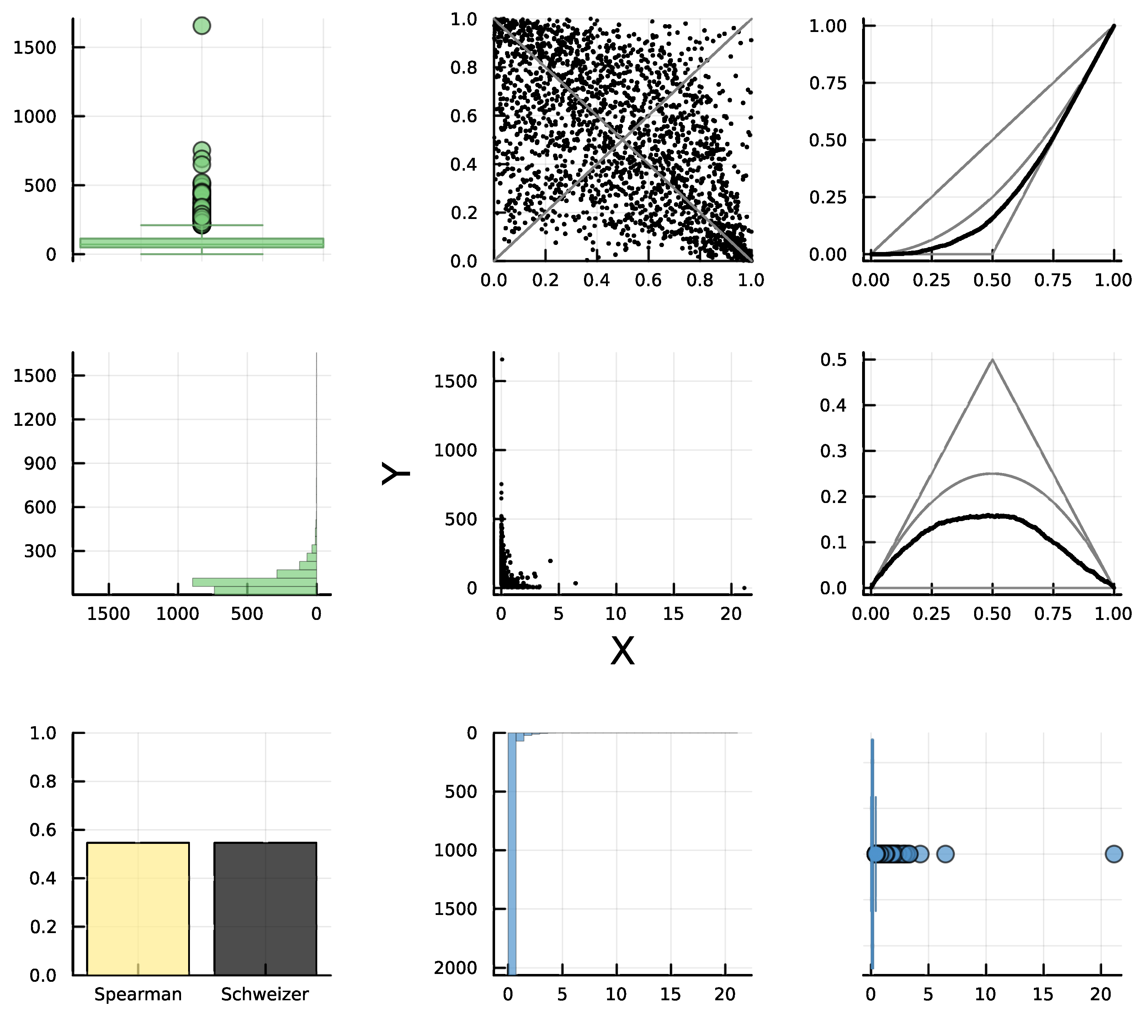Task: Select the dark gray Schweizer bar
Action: coord(265,909)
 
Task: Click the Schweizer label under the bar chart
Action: coord(265,995)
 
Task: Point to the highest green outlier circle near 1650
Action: coord(202,26)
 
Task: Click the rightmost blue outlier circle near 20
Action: coord(1114,854)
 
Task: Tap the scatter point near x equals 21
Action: coord(744,588)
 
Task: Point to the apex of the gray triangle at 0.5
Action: coord(992,360)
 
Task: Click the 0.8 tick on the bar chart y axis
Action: coord(43,781)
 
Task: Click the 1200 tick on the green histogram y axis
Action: coord(34,419)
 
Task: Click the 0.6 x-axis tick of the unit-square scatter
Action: coord(648,280)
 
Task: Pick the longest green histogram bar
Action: coord(254,582)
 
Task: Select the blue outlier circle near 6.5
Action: coord(945,854)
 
